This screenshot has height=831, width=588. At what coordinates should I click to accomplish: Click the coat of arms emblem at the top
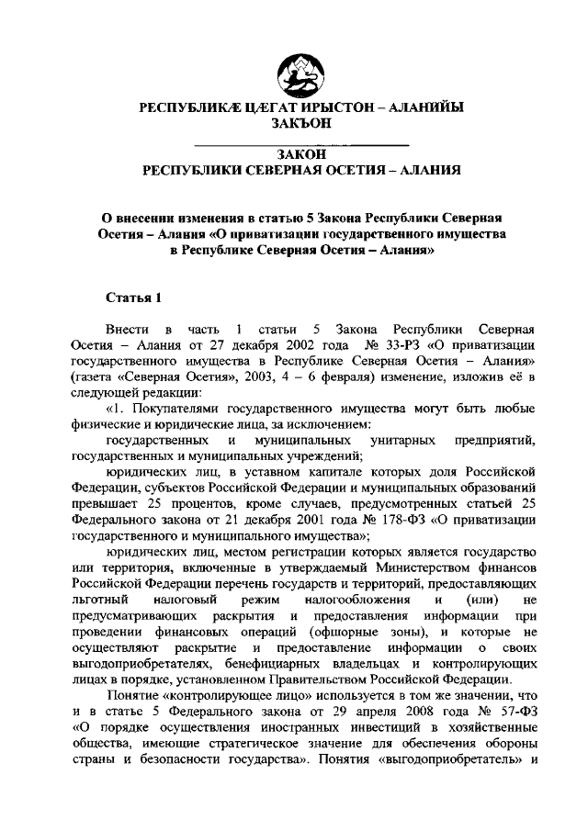301,71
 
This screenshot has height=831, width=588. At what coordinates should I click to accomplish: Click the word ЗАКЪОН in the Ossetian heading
301,124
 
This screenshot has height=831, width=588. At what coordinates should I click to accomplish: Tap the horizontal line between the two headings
301,145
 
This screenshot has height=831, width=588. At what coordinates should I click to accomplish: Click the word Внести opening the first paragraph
127,328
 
